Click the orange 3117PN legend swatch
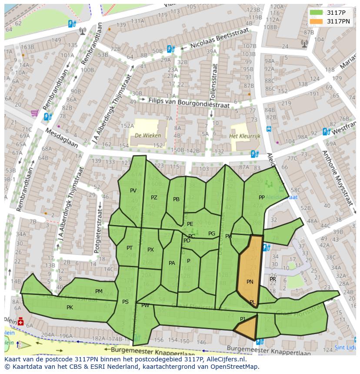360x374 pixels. tap(316, 21)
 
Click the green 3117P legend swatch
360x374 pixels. tap(316, 13)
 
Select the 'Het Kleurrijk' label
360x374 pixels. tap(244, 136)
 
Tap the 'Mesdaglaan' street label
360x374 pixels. tap(61, 138)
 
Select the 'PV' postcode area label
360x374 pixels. tap(133, 191)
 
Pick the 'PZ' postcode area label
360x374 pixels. tap(154, 198)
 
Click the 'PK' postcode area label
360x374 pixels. tap(70, 307)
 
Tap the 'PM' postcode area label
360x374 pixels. tap(99, 291)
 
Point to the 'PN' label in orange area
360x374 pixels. tap(250, 281)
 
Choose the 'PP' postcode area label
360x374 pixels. tap(261, 197)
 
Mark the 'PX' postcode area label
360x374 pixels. tap(150, 250)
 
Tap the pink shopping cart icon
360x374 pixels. tap(34, 113)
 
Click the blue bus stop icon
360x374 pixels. tap(269, 129)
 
